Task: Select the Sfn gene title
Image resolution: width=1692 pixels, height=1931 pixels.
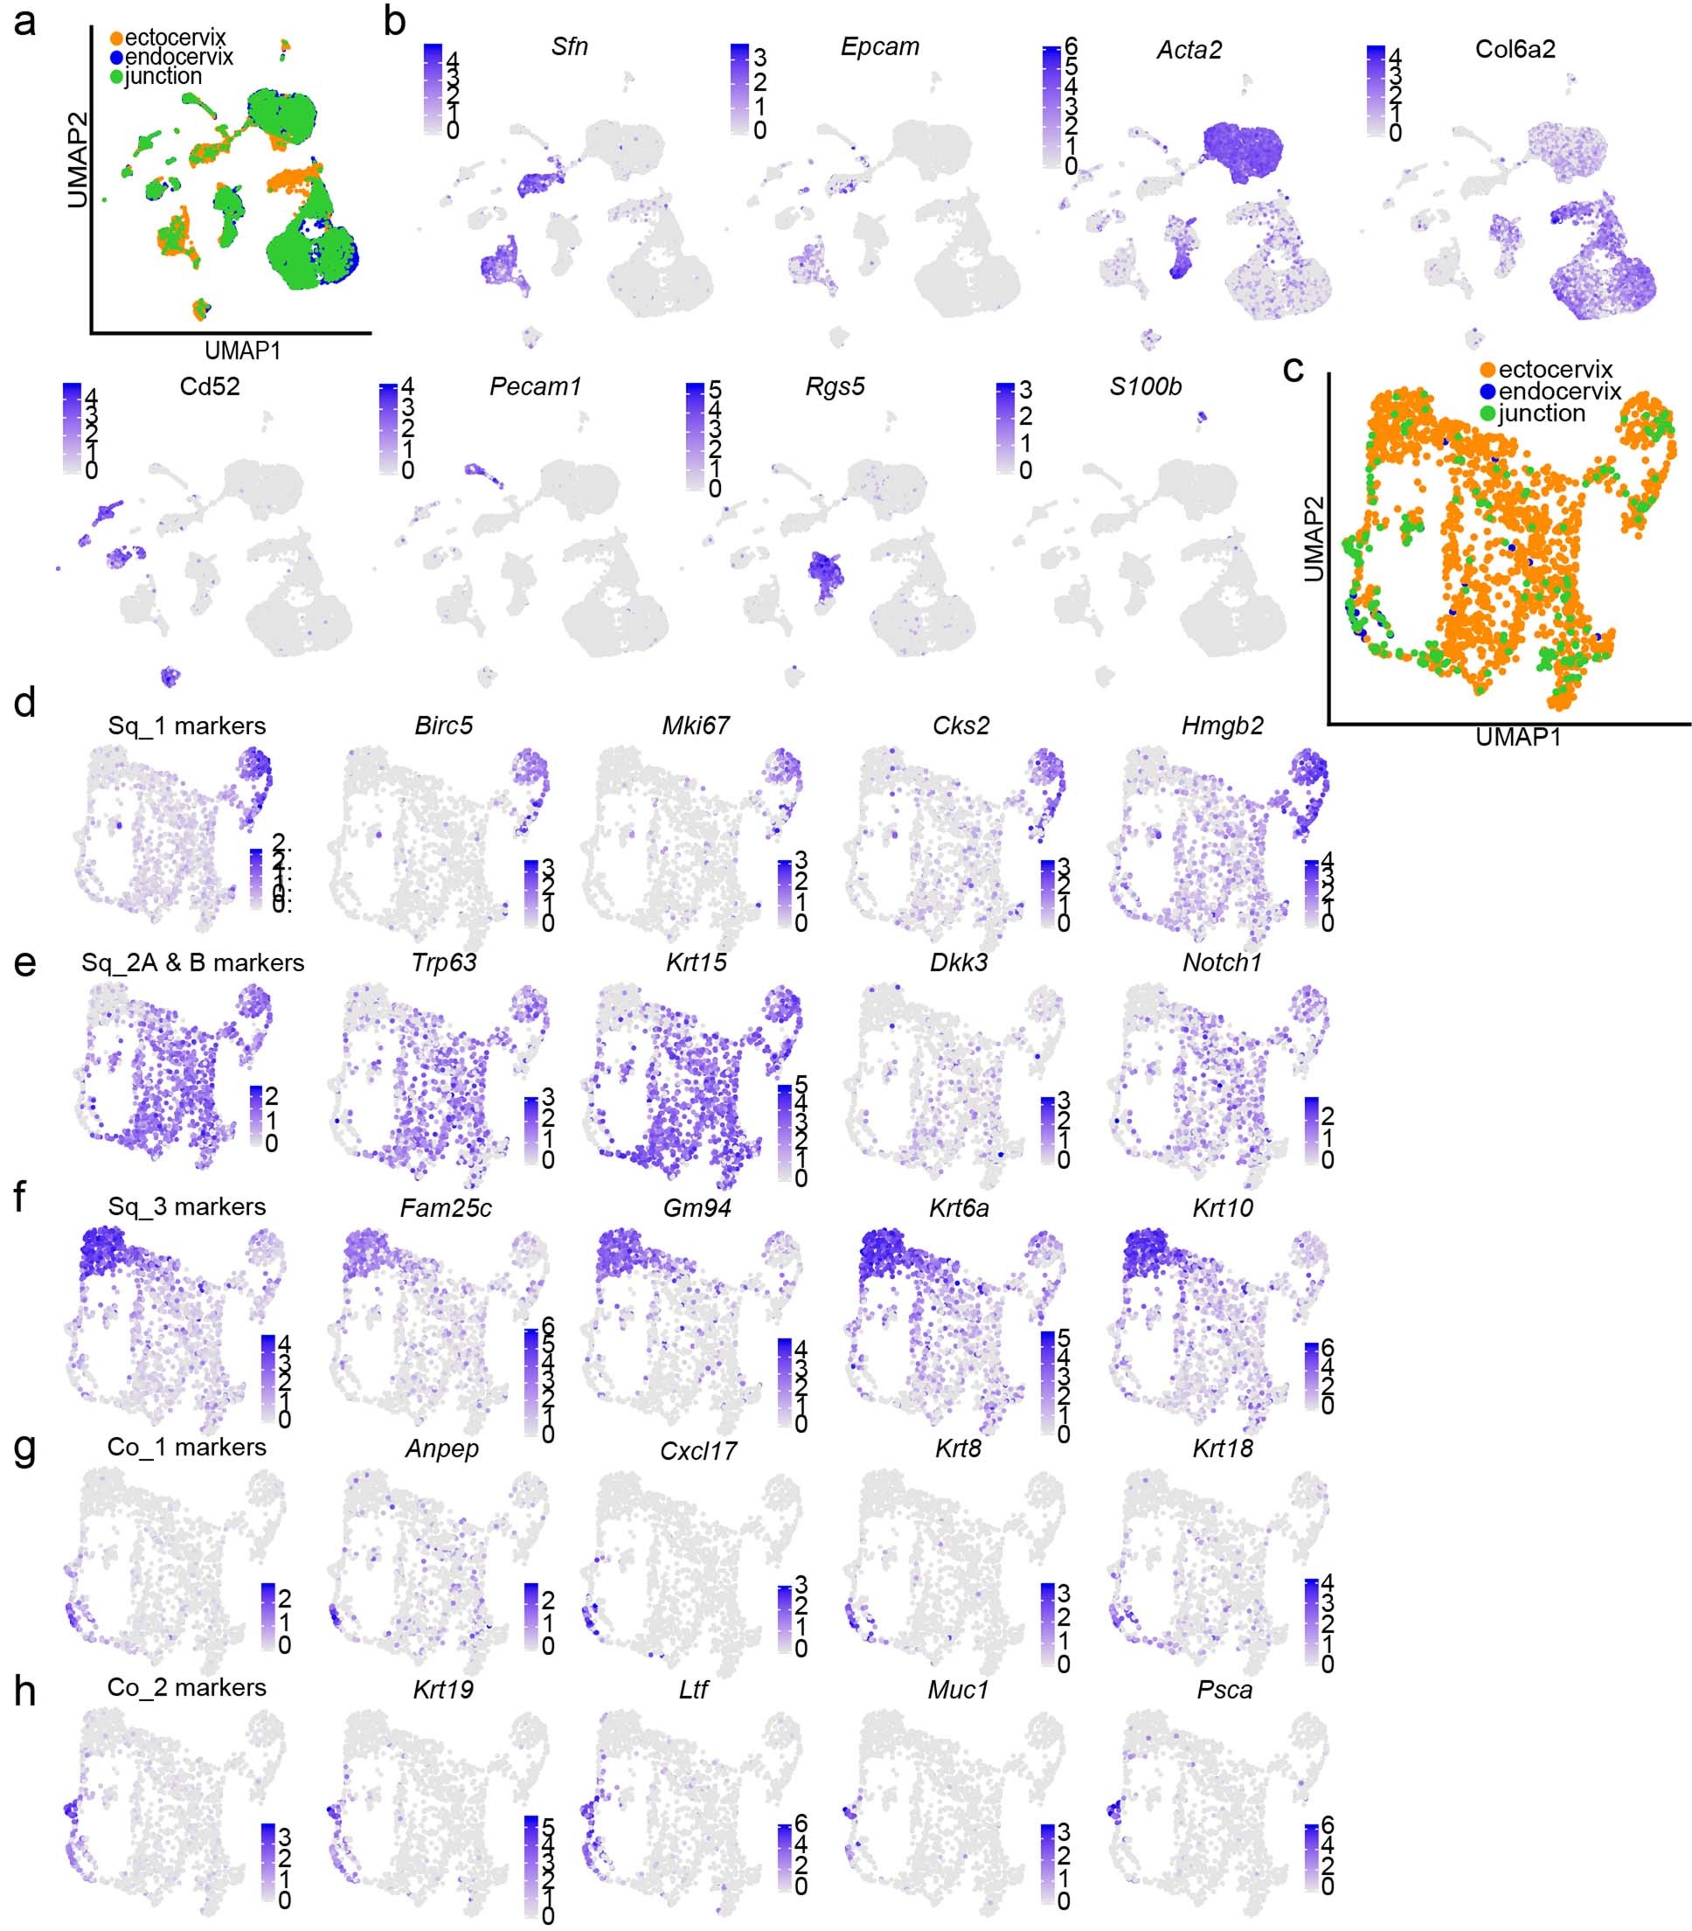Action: tap(569, 46)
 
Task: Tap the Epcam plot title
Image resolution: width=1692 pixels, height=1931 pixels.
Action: tap(879, 46)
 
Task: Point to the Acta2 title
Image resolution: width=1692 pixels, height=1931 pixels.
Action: tap(1189, 49)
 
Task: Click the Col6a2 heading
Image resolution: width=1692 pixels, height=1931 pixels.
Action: tap(1515, 49)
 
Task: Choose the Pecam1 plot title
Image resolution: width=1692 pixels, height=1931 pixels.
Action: tap(534, 386)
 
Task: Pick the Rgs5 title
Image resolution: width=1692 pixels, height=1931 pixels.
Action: tap(835, 386)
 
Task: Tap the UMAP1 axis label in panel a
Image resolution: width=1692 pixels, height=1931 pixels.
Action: tap(243, 351)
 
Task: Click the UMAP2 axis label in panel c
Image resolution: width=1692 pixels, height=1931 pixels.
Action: tap(1314, 539)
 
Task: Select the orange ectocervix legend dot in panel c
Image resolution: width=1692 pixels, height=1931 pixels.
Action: tap(1488, 370)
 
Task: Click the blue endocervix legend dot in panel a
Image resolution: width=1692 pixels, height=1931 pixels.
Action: tap(117, 58)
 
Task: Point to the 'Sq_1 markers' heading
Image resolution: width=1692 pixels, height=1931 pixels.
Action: tap(187, 726)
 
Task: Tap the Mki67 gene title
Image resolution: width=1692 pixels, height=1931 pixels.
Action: tap(696, 726)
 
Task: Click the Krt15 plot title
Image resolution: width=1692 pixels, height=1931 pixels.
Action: tap(696, 962)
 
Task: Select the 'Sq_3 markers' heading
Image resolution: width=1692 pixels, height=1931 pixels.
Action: tap(187, 1206)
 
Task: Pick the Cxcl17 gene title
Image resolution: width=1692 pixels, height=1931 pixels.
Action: tap(697, 1451)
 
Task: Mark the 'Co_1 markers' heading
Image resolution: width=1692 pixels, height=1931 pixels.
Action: tap(187, 1448)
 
